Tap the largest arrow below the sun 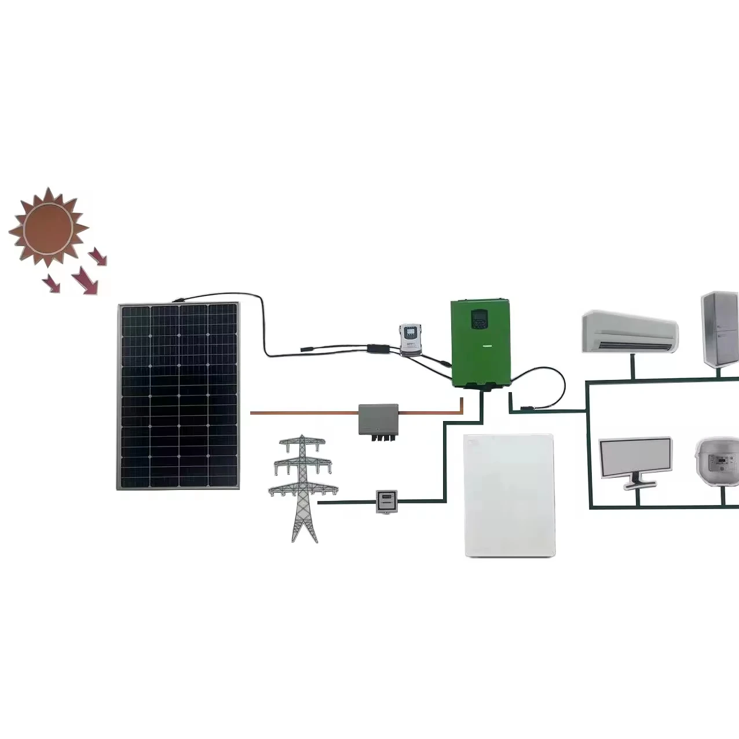click(86, 280)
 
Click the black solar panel click(178, 396)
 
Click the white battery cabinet click(510, 496)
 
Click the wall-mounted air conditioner click(630, 331)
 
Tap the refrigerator click(720, 329)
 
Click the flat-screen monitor click(635, 458)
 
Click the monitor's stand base click(636, 485)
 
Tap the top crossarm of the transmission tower click(302, 442)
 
